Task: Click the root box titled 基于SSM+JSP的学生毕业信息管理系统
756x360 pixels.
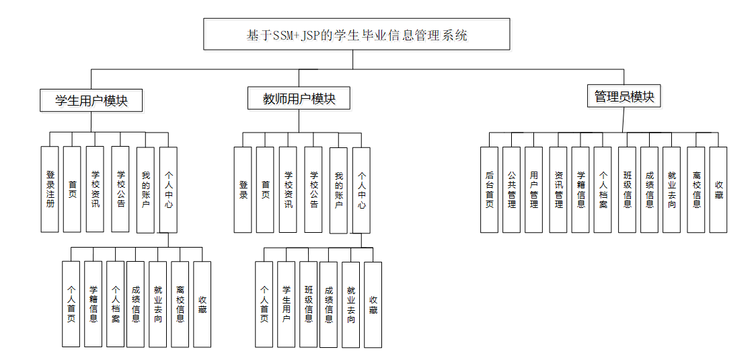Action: click(356, 34)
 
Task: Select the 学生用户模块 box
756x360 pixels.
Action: click(91, 100)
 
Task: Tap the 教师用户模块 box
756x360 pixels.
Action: click(299, 98)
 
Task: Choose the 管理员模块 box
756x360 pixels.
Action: click(624, 96)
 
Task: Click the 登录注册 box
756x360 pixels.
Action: click(50, 189)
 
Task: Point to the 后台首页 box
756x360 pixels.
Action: click(489, 190)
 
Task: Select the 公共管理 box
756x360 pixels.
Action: click(511, 190)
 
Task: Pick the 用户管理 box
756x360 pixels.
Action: click(533, 190)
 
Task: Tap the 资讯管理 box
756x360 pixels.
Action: click(558, 190)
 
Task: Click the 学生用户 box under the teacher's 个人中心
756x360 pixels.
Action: click(286, 305)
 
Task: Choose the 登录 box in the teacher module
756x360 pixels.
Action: click(243, 190)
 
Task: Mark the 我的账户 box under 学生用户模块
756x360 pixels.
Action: click(145, 190)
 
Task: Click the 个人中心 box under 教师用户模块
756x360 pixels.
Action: click(362, 190)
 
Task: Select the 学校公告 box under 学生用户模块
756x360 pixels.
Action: click(120, 189)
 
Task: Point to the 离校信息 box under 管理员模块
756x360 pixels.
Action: click(695, 190)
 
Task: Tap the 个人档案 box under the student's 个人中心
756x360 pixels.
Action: click(115, 304)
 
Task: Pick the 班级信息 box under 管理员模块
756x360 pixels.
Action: click(628, 190)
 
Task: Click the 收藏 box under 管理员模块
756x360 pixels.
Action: click(718, 190)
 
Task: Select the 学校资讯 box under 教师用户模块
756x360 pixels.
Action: click(288, 190)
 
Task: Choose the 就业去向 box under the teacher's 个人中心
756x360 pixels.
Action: click(351, 305)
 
